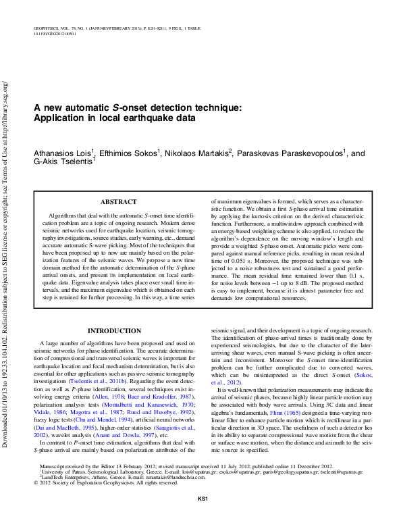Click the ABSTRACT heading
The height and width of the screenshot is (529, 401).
(x=118, y=201)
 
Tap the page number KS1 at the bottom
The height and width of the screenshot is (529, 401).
(x=201, y=518)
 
